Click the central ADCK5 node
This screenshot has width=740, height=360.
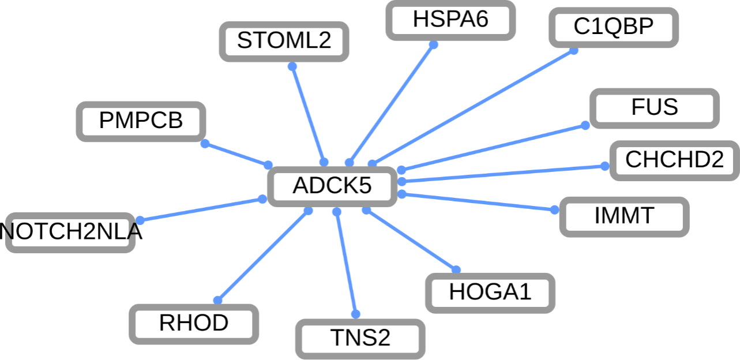pyautogui.click(x=332, y=186)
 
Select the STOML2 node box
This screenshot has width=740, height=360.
pyautogui.click(x=284, y=41)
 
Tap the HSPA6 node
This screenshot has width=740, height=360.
pyautogui.click(x=450, y=20)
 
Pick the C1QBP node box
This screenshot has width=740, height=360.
pyautogui.click(x=613, y=27)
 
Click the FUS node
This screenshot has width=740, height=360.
pyautogui.click(x=655, y=108)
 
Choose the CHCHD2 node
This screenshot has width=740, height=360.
pyautogui.click(x=674, y=160)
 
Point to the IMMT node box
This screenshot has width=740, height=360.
pyautogui.click(x=624, y=216)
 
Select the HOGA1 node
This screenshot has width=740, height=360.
pyautogui.click(x=490, y=292)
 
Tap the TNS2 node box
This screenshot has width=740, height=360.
pyautogui.click(x=360, y=338)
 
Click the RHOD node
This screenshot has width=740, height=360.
pyautogui.click(x=194, y=324)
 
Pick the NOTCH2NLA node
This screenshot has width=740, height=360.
pyautogui.click(x=70, y=232)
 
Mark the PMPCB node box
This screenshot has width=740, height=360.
pyautogui.click(x=141, y=121)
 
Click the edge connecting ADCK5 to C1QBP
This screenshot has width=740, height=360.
pyautogui.click(x=473, y=107)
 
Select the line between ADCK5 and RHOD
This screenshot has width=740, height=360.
pyautogui.click(x=263, y=256)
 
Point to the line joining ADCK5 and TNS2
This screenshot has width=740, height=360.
pyautogui.click(x=346, y=263)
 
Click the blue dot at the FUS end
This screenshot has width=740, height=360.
pyautogui.click(x=585, y=125)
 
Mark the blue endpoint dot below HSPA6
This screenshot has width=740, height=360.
pyautogui.click(x=433, y=44)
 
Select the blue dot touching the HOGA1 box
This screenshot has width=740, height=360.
pyautogui.click(x=456, y=269)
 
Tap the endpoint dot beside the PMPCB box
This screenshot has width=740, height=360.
pyautogui.click(x=205, y=144)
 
